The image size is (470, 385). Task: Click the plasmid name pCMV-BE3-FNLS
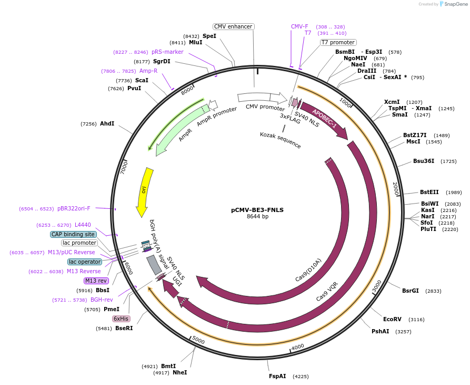(257, 209)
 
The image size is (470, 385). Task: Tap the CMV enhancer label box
(234, 26)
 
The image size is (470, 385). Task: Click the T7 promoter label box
(338, 42)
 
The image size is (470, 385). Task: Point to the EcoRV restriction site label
(392, 319)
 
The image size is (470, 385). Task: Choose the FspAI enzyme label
(277, 376)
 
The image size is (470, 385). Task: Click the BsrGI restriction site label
(411, 291)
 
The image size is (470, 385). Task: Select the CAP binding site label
(73, 234)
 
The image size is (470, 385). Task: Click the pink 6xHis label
(121, 319)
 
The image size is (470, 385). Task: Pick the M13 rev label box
(96, 281)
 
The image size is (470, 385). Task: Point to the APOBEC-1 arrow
(324, 119)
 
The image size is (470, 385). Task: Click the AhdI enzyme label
(107, 123)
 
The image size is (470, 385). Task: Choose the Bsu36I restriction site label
(424, 161)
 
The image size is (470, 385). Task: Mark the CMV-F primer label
(299, 26)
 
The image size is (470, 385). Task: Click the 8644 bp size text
(257, 217)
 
